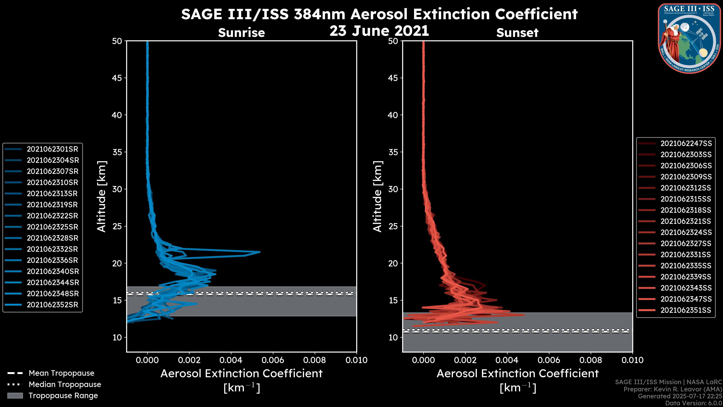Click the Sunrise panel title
pos(241,33)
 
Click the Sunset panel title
pos(517,33)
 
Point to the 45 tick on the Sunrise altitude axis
pos(117,78)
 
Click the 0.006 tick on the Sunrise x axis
pos(273,360)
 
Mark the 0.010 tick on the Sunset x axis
pos(632,360)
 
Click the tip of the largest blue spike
pos(260,252)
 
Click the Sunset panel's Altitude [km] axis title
pos(378,196)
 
